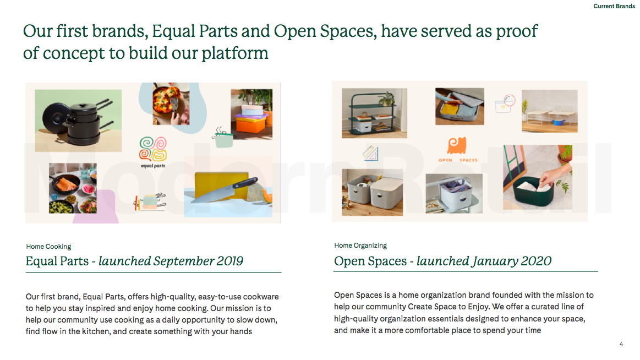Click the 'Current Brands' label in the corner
[614, 6]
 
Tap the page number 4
[621, 344]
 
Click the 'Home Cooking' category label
[48, 247]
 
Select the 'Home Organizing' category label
[360, 246]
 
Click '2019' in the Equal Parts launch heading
[230, 261]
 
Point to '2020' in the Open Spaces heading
[537, 261]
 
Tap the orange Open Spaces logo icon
[457, 145]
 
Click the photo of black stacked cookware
[78, 121]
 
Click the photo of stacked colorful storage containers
[251, 114]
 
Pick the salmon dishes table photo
[73, 188]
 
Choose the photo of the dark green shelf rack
[374, 113]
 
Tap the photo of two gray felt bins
[372, 192]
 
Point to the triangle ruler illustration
[370, 153]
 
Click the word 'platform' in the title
[234, 53]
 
